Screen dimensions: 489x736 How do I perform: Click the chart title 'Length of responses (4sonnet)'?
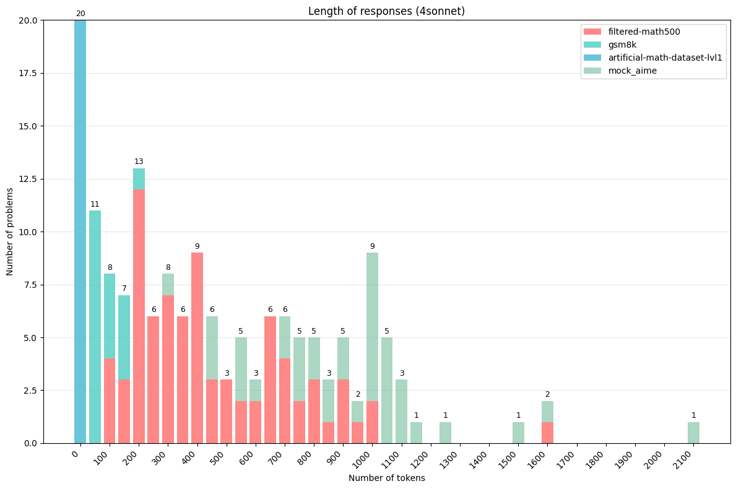(386, 11)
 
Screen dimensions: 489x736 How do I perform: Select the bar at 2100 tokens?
(693, 433)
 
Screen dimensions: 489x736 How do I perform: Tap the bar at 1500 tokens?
(518, 433)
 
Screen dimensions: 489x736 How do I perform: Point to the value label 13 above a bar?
(139, 162)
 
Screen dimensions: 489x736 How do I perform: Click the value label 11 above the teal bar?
(95, 204)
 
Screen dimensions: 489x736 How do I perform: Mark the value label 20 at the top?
(80, 14)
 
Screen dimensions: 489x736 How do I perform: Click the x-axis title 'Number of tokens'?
(386, 478)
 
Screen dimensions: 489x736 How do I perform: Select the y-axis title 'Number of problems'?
(11, 232)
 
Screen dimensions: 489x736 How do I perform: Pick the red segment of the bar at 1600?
(547, 433)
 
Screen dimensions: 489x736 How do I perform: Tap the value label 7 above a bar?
(124, 288)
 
